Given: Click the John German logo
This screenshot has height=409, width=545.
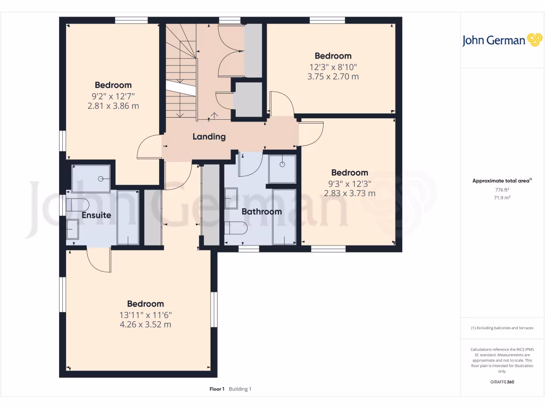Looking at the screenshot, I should [x=501, y=40].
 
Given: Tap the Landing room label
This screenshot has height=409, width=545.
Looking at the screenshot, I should [x=209, y=137].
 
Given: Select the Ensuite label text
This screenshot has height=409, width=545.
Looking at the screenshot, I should [x=96, y=215].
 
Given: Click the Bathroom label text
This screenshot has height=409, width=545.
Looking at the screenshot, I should [x=261, y=211].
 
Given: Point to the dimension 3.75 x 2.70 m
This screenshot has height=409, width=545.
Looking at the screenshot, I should [x=333, y=76].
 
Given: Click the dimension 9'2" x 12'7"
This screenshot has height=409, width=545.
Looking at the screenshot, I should [x=113, y=96].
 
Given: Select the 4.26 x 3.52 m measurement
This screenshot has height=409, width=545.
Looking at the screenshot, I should [x=145, y=324].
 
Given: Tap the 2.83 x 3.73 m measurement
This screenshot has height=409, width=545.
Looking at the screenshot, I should [x=349, y=193].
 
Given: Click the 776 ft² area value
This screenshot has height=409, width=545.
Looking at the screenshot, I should [x=502, y=190].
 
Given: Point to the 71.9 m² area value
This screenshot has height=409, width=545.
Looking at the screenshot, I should [x=502, y=198].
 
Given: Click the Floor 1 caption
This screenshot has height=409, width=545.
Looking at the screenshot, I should [x=217, y=389].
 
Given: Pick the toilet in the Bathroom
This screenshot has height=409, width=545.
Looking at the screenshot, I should [x=236, y=228].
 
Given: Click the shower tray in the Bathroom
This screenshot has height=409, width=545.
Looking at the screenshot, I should [x=282, y=168].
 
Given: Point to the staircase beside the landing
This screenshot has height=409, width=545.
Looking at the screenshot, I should [x=180, y=72].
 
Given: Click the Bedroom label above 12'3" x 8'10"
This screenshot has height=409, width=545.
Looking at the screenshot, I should [x=333, y=56].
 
